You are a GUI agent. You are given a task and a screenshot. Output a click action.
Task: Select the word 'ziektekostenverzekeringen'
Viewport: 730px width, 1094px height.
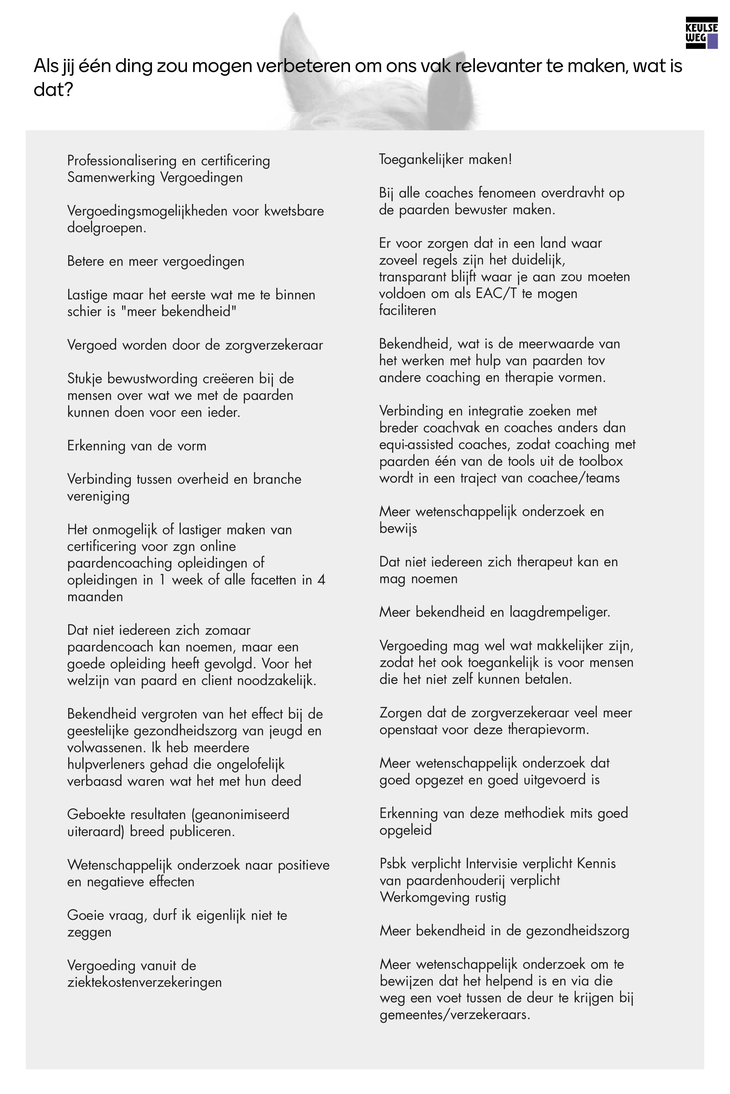(144, 983)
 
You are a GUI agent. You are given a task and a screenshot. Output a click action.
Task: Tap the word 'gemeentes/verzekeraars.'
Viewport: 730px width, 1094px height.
(455, 1015)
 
